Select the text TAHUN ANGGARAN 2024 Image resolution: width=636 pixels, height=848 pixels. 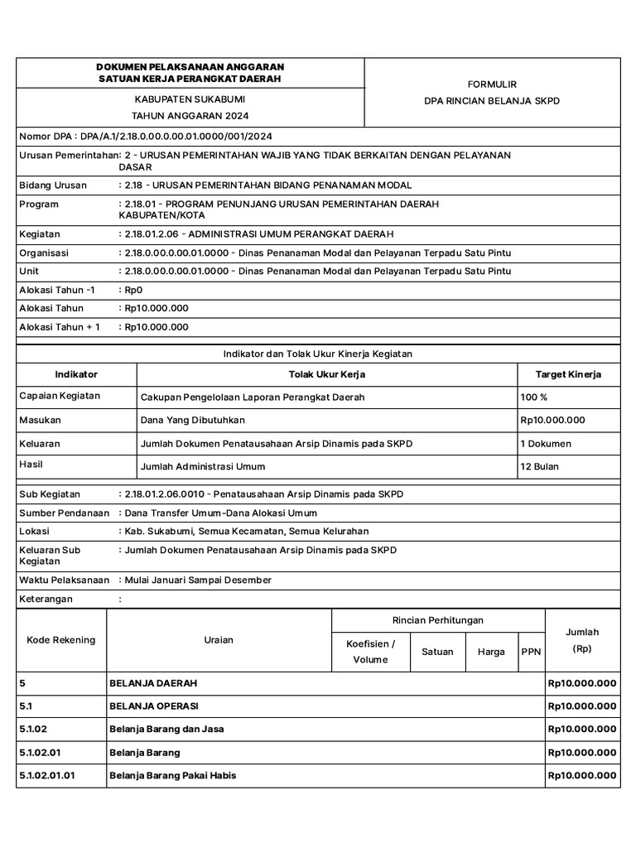[190, 116]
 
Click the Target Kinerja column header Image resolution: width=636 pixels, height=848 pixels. [568, 374]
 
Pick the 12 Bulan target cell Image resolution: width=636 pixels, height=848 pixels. [539, 466]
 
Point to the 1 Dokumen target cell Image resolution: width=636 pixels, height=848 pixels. [545, 443]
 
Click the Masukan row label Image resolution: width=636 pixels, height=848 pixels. [40, 420]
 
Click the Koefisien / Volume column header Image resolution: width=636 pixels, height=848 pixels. [370, 651]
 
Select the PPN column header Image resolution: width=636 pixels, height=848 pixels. [530, 652]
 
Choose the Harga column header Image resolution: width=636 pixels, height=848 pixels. [491, 652]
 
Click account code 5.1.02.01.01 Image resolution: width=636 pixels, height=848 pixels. [46, 775]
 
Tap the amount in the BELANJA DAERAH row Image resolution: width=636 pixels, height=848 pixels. [581, 683]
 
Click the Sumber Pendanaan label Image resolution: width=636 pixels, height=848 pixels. [64, 513]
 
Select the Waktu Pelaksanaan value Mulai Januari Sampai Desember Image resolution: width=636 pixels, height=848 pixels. [197, 580]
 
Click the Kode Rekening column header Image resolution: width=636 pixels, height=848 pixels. [61, 639]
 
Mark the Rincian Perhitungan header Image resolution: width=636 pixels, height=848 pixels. [437, 620]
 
